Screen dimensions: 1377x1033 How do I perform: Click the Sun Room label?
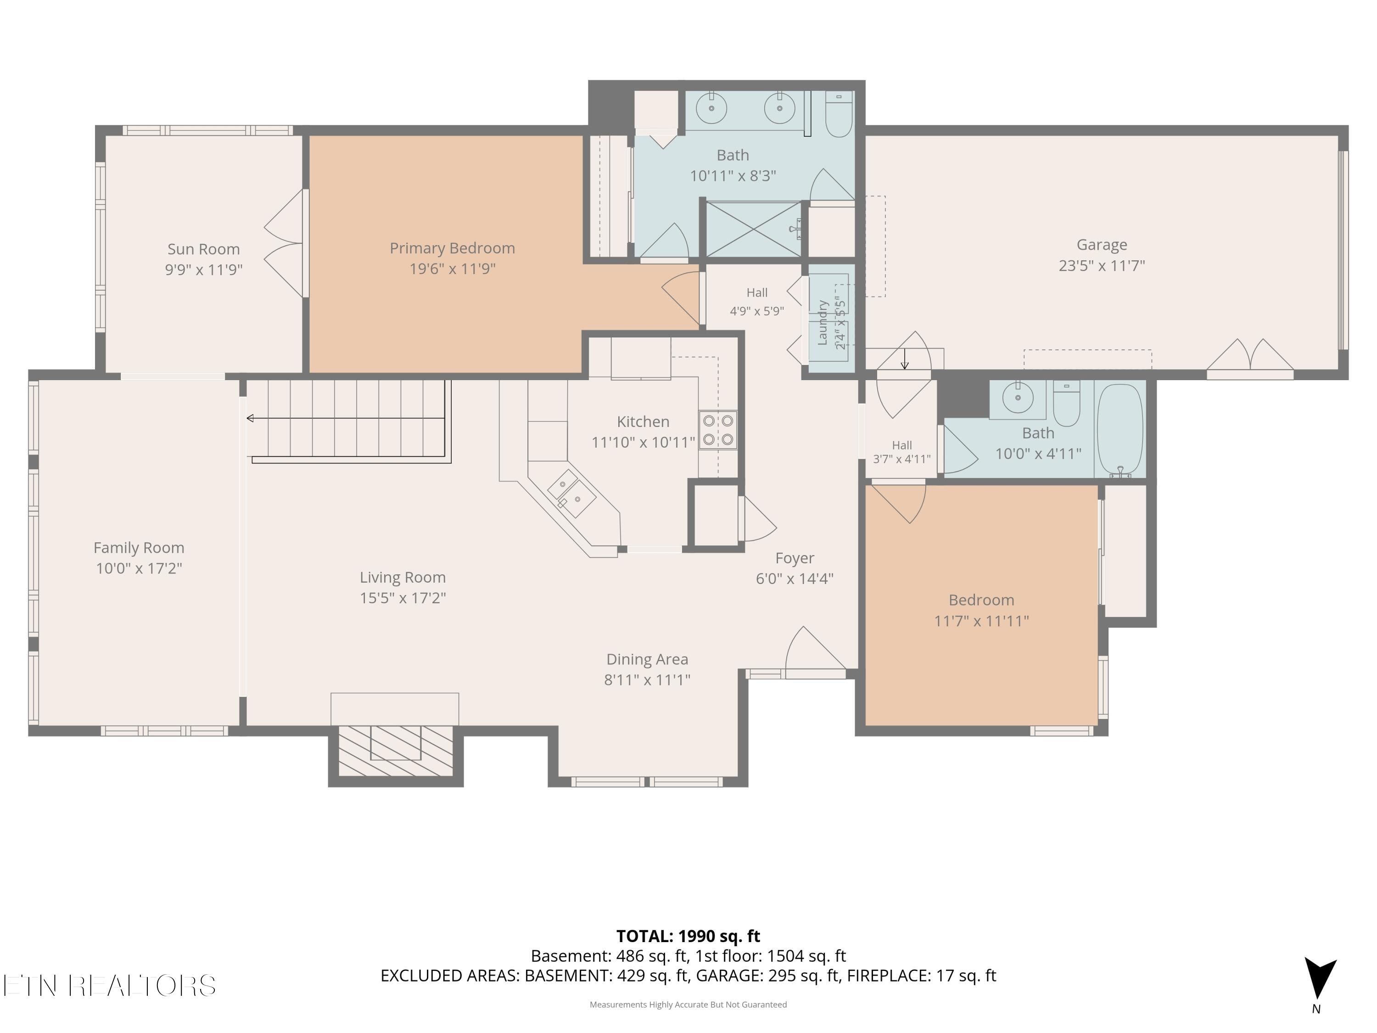203,249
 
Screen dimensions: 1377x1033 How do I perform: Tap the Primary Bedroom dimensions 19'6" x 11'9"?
453,269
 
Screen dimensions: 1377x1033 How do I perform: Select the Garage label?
1102,245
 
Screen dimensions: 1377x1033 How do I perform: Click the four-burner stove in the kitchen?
718,430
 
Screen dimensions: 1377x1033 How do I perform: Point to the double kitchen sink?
571,493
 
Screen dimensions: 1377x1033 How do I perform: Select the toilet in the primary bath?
839,114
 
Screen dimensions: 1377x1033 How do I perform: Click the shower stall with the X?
753,229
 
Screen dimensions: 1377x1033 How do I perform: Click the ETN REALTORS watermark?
110,986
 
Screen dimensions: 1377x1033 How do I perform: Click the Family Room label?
139,548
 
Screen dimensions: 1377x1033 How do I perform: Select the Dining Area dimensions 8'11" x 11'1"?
647,680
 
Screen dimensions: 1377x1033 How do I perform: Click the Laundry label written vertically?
823,322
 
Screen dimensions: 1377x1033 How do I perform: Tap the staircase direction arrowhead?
250,418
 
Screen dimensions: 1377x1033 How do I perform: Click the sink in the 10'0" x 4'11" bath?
1018,398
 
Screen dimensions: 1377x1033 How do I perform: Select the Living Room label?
403,577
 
